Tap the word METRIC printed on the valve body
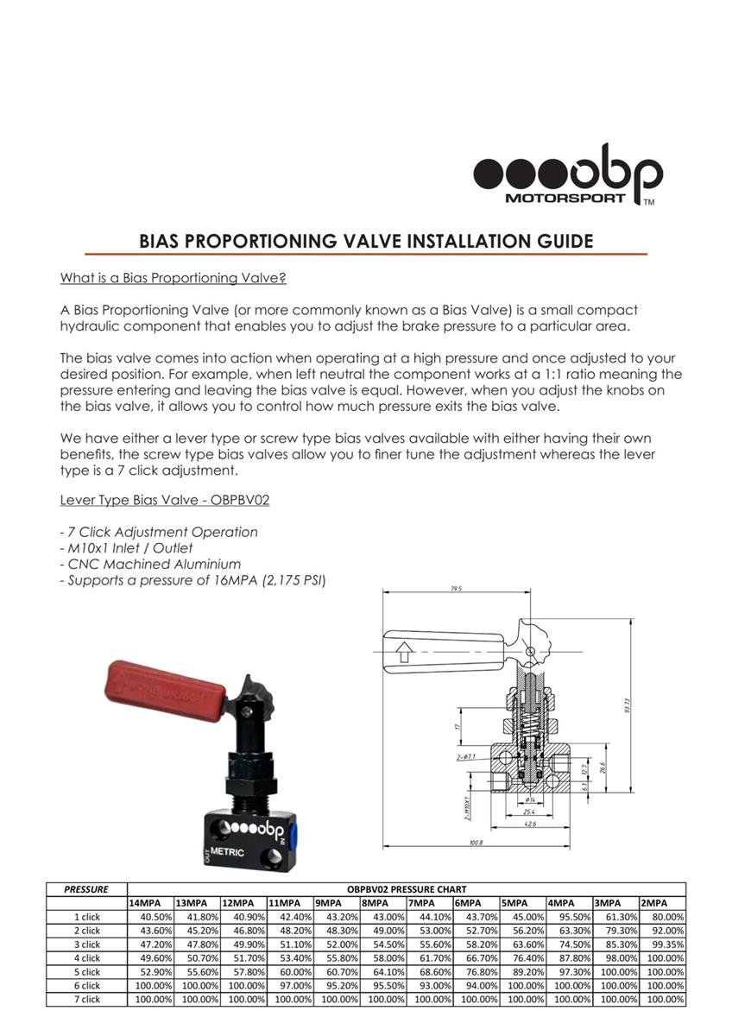point(227,853)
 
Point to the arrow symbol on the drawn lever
point(403,650)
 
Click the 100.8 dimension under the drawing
point(476,843)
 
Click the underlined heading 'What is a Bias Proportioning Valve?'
point(173,278)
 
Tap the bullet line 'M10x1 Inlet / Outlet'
point(126,548)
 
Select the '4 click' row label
point(86,958)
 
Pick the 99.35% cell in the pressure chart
point(662,944)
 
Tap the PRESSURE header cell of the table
point(86,889)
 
